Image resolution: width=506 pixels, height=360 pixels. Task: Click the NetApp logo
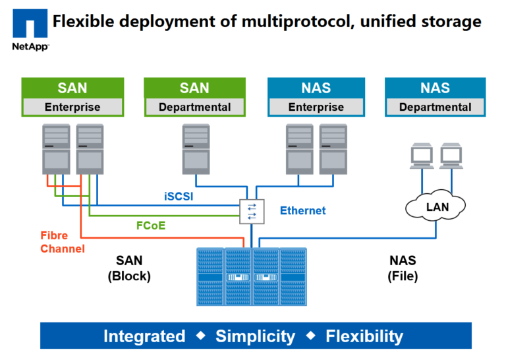30,30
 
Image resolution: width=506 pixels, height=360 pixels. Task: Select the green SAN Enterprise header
72,88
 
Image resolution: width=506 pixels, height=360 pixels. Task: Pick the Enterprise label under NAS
316,107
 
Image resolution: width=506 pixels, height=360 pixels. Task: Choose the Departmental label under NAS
435,107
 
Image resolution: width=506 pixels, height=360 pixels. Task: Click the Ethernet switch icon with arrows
252,211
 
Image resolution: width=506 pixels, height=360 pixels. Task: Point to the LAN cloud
437,207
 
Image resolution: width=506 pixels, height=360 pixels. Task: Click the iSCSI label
179,196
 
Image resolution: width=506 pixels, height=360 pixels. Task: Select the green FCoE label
151,225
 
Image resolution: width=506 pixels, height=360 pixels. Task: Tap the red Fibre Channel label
63,242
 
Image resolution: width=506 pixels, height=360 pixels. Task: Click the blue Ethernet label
302,211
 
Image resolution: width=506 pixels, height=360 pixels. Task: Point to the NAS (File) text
402,268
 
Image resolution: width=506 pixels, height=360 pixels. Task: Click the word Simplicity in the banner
255,336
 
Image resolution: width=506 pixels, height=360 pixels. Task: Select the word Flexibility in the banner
364,336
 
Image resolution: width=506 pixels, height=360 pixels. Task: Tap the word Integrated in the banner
144,336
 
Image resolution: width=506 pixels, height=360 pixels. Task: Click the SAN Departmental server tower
196,148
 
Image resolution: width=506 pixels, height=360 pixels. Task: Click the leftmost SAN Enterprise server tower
56,148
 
